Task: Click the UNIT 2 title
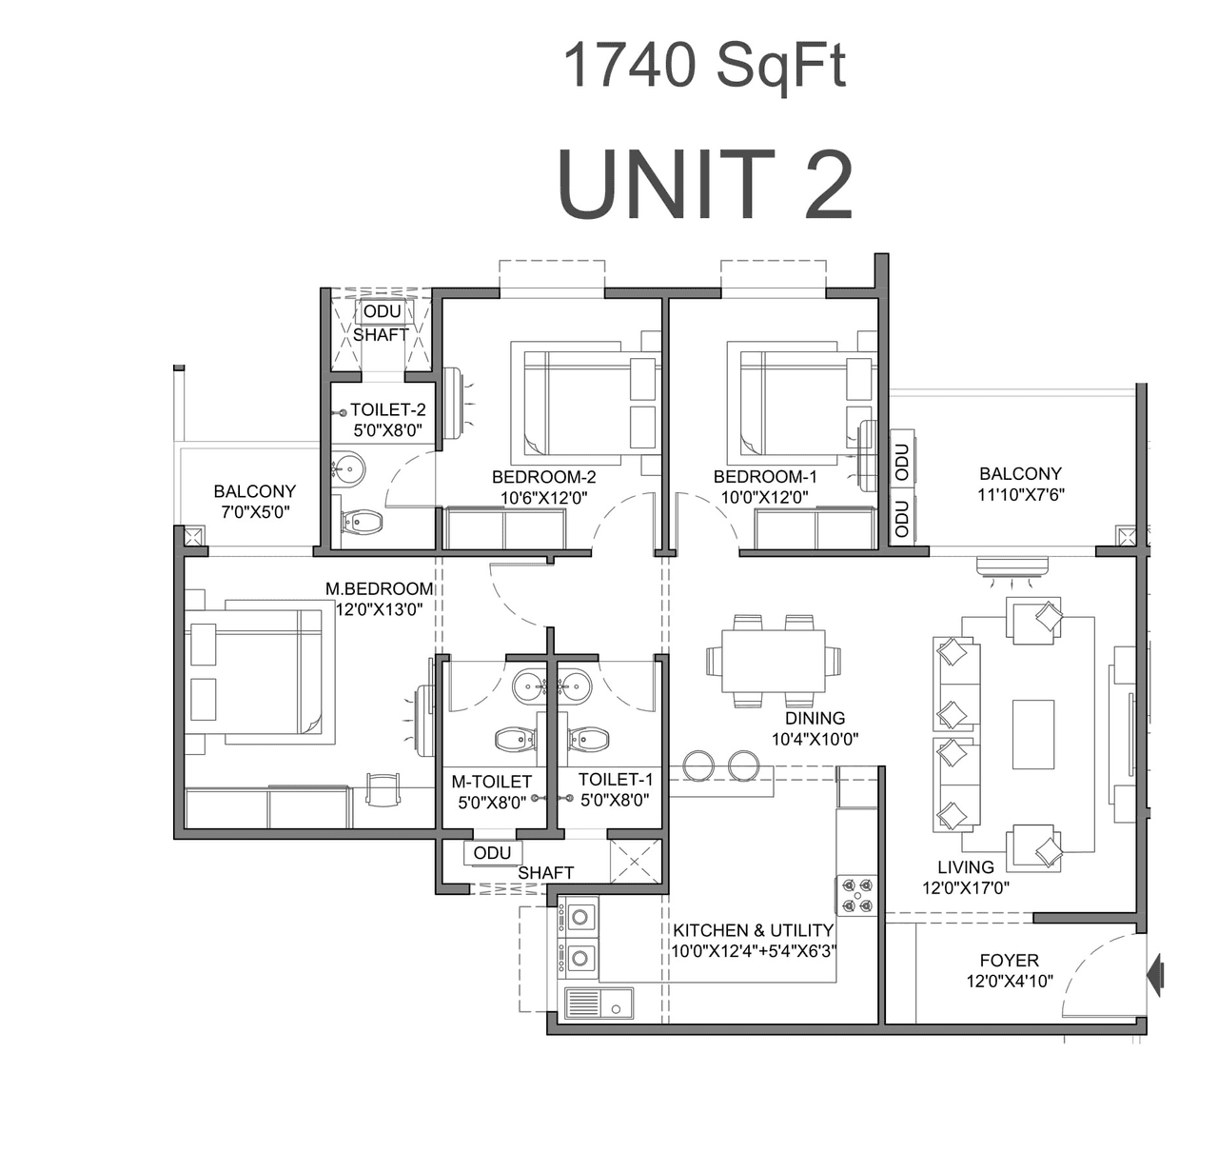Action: coord(704,185)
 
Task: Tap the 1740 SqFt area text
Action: coord(704,67)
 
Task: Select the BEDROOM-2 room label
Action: coord(543,477)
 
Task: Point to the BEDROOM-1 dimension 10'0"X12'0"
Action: coord(764,496)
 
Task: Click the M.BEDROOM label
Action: coord(379,589)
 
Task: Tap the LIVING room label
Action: coord(965,867)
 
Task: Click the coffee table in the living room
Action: coord(1032,734)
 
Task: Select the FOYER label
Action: coord(1009,961)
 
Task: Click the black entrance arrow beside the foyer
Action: coord(1156,975)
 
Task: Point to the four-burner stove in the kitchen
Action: coord(856,896)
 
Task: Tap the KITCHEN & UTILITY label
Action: coord(753,930)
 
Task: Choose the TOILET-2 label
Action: coord(387,410)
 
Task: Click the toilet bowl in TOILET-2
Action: coord(363,521)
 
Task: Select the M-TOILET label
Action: coord(491,782)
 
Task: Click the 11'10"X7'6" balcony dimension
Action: coord(1020,494)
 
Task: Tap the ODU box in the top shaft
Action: coord(382,312)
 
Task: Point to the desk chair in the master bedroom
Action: coord(383,787)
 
